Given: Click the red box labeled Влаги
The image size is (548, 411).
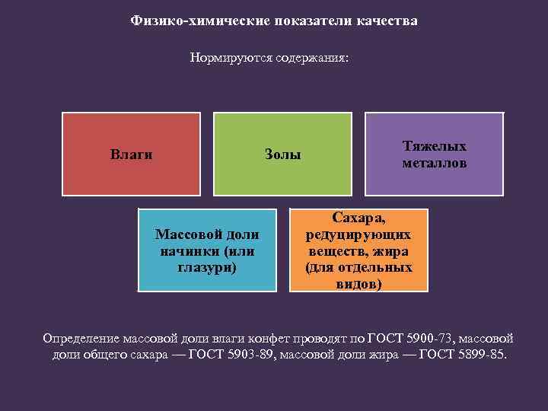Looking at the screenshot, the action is [131, 155].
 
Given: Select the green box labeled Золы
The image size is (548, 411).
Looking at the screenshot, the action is [282, 155].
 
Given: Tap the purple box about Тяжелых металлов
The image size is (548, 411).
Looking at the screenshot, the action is [435, 155].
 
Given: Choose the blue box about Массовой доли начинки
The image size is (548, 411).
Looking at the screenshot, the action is [207, 250].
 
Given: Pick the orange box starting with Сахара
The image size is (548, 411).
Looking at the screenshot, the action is [358, 250].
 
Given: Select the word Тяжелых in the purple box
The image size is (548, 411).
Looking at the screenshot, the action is [435, 146].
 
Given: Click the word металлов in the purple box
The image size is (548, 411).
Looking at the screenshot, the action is [435, 163].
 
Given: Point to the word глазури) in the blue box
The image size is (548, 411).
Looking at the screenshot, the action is [207, 267].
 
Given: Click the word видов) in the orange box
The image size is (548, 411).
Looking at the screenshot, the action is [358, 284].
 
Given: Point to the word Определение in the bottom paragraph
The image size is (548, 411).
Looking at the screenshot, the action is [78, 338].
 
